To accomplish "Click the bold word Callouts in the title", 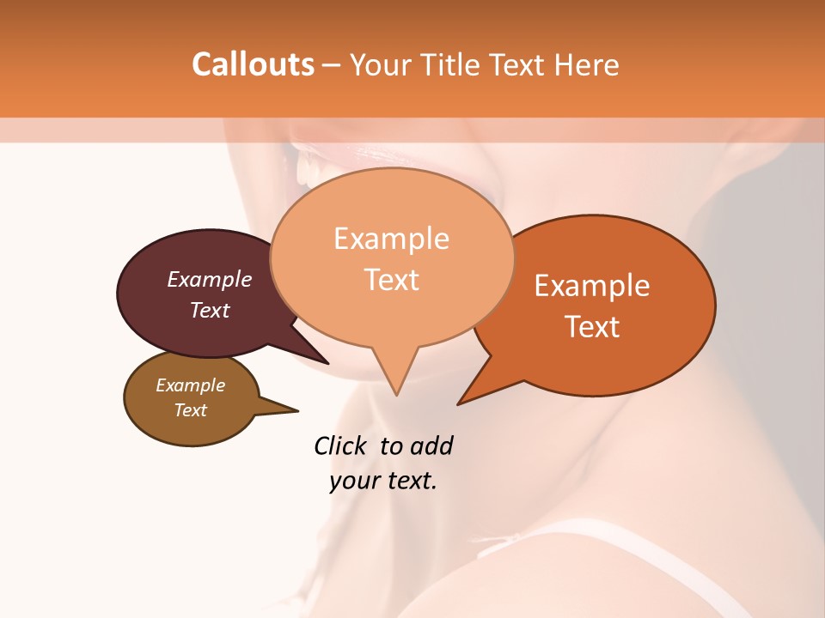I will click(x=253, y=64).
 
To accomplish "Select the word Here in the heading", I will click(x=587, y=64).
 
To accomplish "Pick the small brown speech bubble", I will click(x=192, y=398).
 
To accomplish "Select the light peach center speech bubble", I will click(x=392, y=257).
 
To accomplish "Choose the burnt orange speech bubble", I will click(x=602, y=305).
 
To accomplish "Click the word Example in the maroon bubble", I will click(x=210, y=279).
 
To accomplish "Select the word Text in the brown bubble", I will click(x=191, y=410).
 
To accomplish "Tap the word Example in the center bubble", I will click(x=392, y=239).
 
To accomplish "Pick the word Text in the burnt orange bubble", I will click(x=593, y=327).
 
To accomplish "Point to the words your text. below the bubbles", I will click(x=383, y=482).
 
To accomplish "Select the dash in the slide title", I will click(x=332, y=65).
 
